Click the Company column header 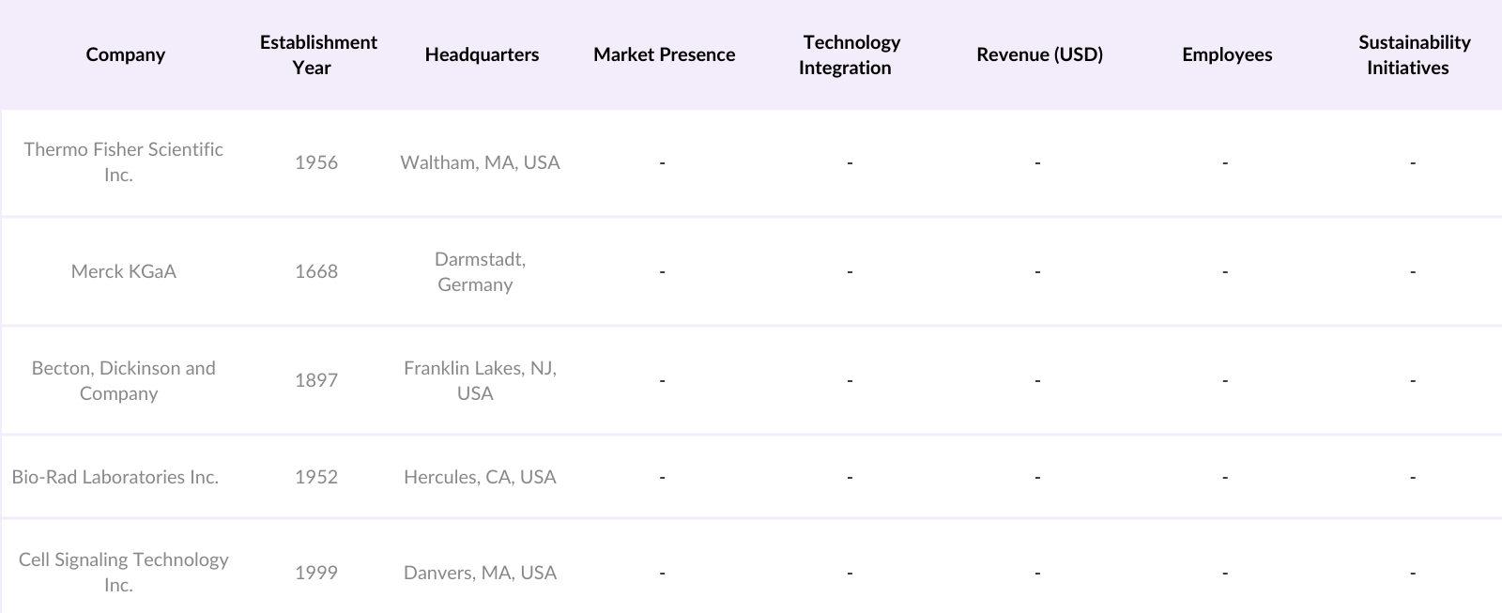(x=125, y=54)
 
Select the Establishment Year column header (x=317, y=54)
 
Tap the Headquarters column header (x=482, y=54)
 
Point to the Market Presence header (x=664, y=54)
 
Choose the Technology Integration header (x=850, y=54)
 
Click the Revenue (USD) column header (x=1039, y=54)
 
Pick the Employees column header (x=1227, y=54)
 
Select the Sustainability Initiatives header (x=1413, y=54)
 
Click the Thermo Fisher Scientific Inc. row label (x=123, y=161)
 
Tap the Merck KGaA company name (x=123, y=271)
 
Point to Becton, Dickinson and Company (x=123, y=380)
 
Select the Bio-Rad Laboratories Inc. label (x=115, y=477)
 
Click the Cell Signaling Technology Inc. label (x=123, y=572)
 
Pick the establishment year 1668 (x=315, y=271)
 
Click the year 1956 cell (x=315, y=162)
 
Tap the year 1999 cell (x=315, y=573)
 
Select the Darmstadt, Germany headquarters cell (x=479, y=271)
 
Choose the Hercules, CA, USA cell (x=480, y=477)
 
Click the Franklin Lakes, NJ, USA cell (x=480, y=380)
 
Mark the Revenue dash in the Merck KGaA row (x=1037, y=272)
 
